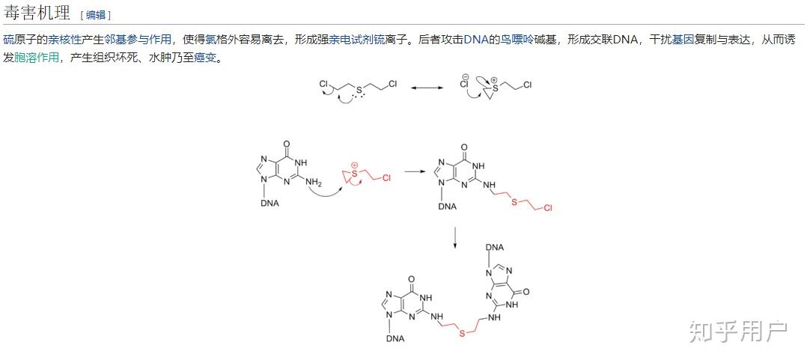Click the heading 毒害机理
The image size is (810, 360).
pyautogui.click(x=37, y=13)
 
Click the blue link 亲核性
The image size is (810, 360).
pyautogui.click(x=64, y=39)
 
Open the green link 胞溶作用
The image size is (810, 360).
pyautogui.click(x=37, y=57)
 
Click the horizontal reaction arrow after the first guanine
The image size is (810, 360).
pyautogui.click(x=413, y=171)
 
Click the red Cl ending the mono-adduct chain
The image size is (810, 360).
pyautogui.click(x=547, y=207)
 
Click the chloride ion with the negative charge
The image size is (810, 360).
pyautogui.click(x=464, y=84)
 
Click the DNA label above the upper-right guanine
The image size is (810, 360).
pyautogui.click(x=495, y=247)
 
